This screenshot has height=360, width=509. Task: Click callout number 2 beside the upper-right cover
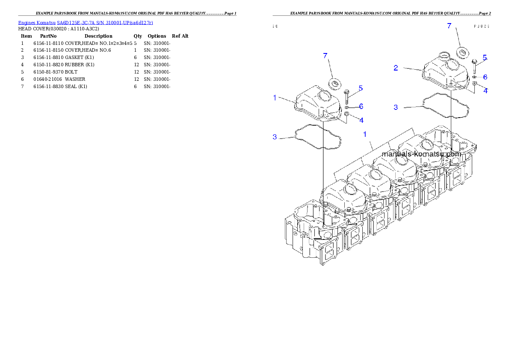pos(396,68)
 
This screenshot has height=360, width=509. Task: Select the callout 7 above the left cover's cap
pos(326,56)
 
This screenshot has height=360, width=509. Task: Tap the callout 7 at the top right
pos(449,26)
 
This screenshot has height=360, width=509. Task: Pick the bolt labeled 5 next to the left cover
pos(346,96)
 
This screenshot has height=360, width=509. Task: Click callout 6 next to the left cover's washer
pos(361,106)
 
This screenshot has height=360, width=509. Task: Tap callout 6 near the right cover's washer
pos(485,77)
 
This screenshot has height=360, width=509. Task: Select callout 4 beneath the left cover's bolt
pos(361,120)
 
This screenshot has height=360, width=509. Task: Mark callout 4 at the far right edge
pos(485,91)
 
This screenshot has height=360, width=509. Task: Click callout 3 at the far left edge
pos(275,137)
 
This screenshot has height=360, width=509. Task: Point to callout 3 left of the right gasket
pos(396,107)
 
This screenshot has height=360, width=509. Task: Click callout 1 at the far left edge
pos(275,98)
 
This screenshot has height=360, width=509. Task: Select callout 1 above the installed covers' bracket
pos(365,134)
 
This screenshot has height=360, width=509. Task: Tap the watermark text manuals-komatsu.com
pos(421,154)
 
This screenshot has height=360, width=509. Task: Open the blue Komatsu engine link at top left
pos(86,22)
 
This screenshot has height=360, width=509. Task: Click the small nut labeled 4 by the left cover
pos(347,114)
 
